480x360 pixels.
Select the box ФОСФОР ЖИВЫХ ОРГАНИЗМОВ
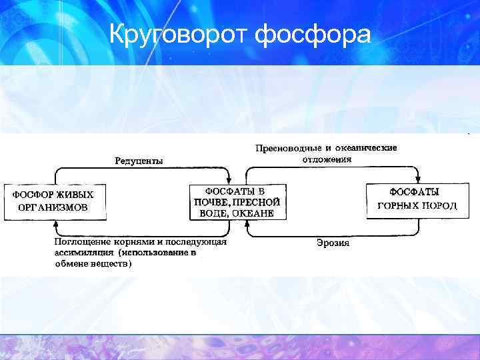[55, 201]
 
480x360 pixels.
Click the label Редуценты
[139, 161]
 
